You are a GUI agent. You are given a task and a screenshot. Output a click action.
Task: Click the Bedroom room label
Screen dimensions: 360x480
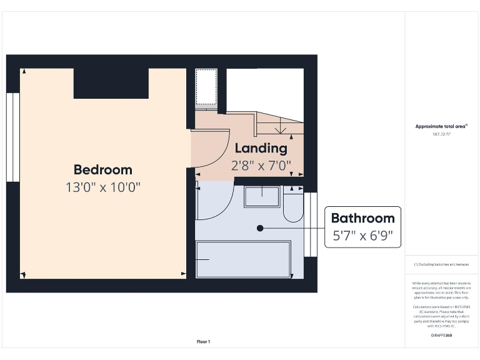coord(103,169)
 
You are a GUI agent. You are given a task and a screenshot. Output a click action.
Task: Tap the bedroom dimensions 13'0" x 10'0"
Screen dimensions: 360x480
coord(103,187)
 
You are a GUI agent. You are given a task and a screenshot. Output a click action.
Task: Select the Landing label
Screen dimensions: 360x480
coord(261,148)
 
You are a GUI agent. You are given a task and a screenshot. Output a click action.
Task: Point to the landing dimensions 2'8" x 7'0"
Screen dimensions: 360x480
coord(261,166)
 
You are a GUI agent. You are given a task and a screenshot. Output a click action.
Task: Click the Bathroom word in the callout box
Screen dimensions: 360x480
coord(362,218)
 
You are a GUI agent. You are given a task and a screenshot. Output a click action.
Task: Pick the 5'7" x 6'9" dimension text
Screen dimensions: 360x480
coord(362,236)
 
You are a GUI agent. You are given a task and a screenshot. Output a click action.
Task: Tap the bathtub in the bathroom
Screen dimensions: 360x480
coord(244,259)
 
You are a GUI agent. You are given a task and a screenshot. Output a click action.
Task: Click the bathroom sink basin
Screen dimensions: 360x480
coord(261,196)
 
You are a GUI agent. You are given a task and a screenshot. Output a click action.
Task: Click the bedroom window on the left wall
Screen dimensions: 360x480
coord(12,137)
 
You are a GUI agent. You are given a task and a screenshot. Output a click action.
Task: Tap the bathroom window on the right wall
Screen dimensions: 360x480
coord(311,224)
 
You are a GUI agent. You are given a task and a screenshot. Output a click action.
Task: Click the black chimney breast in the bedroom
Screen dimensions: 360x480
coord(111,83)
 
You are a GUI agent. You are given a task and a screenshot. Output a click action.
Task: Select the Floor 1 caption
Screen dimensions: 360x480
coord(204,341)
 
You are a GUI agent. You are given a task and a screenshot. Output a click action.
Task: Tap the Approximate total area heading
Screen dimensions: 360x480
coord(441,126)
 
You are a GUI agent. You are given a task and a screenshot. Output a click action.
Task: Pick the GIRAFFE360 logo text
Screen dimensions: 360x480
coord(441,336)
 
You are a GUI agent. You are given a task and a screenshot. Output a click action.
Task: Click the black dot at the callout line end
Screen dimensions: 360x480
coord(260,228)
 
